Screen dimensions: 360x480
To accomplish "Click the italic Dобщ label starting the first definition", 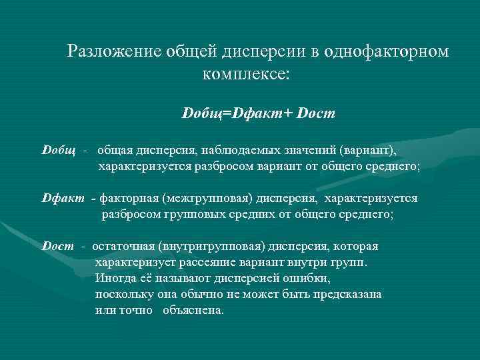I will pyautogui.click(x=59, y=148).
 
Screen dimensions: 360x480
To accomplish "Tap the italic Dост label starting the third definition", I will pyautogui.click(x=59, y=247).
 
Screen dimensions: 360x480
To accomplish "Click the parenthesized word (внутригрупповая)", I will pyautogui.click(x=212, y=247).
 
